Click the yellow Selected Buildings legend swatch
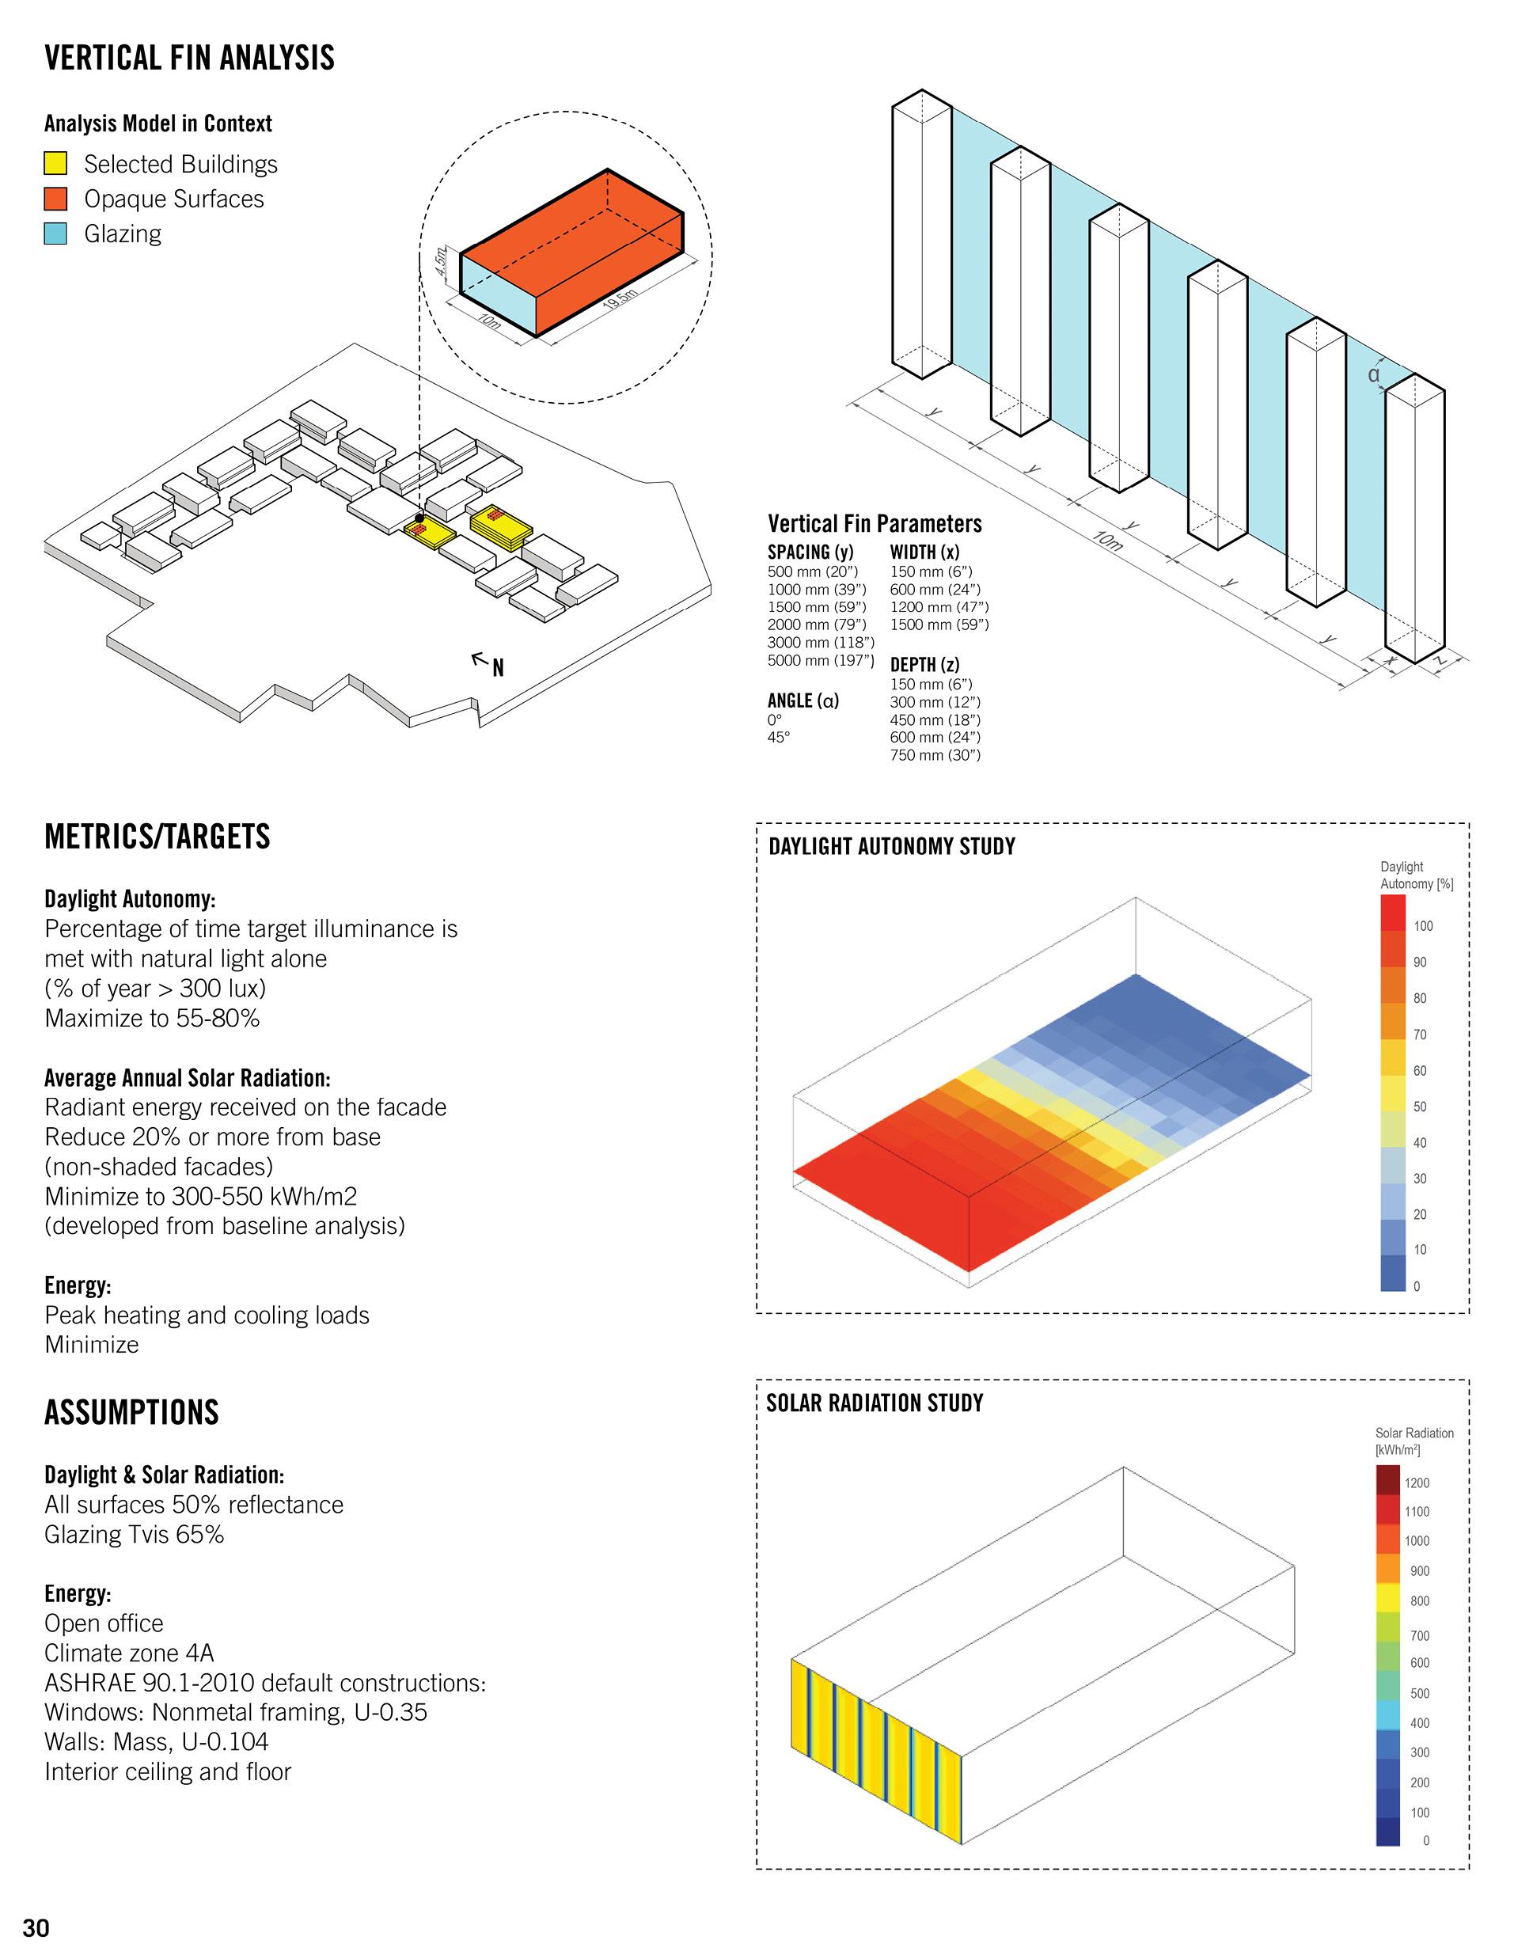pos(55,163)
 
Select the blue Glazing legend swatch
pos(55,233)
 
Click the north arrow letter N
pos(498,667)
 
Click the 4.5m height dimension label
pos(439,261)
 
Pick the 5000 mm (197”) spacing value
pos(820,660)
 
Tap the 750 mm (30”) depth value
pos(935,754)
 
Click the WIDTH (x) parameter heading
pos(924,552)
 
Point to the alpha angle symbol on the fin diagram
pos(1373,374)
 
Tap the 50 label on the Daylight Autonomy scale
pos(1420,1106)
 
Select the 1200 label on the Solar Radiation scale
pos(1417,1483)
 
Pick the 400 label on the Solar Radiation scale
pos(1419,1722)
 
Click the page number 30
pos(36,1927)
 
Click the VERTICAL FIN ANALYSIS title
pos(189,59)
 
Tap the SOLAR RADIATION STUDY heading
pos(875,1402)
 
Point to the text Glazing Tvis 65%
pos(135,1534)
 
